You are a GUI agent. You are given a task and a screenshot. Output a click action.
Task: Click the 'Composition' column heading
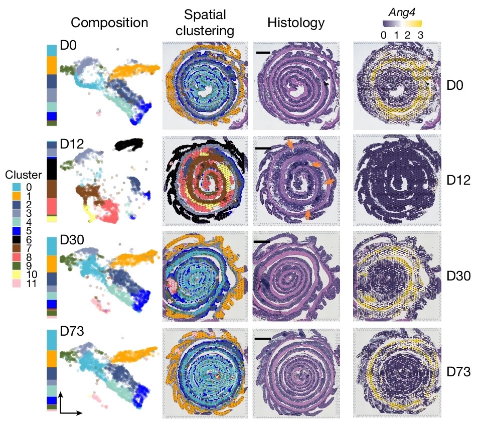(x=109, y=23)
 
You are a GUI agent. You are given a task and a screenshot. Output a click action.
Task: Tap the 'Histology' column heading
(x=295, y=23)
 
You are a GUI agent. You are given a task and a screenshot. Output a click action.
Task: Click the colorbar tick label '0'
(x=383, y=34)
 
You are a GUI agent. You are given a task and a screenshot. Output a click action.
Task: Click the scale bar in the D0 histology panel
(x=263, y=52)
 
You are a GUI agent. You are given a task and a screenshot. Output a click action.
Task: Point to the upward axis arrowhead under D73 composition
(x=61, y=396)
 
